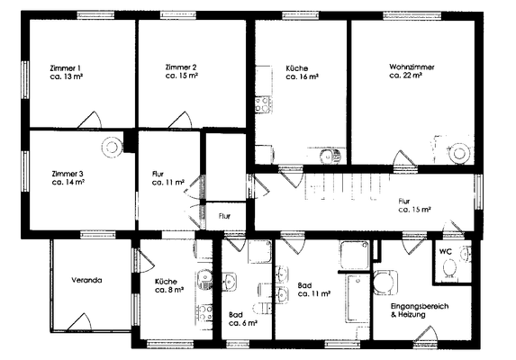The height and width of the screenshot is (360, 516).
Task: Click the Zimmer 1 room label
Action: point(66,68)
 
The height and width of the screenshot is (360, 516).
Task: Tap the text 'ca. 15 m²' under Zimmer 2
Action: point(182,77)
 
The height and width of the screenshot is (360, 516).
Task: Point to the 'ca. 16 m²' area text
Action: point(302,77)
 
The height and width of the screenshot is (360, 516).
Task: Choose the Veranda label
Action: point(87,280)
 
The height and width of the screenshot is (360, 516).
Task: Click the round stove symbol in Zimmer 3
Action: point(112,144)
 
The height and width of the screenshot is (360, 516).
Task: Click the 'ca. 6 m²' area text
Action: point(243,322)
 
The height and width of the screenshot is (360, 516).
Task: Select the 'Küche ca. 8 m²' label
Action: point(170,284)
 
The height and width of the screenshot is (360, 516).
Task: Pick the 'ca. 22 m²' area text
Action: point(406,76)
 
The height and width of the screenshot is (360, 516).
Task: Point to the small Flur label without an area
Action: point(225,216)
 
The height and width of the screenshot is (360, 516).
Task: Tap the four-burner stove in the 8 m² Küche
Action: point(205,312)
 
